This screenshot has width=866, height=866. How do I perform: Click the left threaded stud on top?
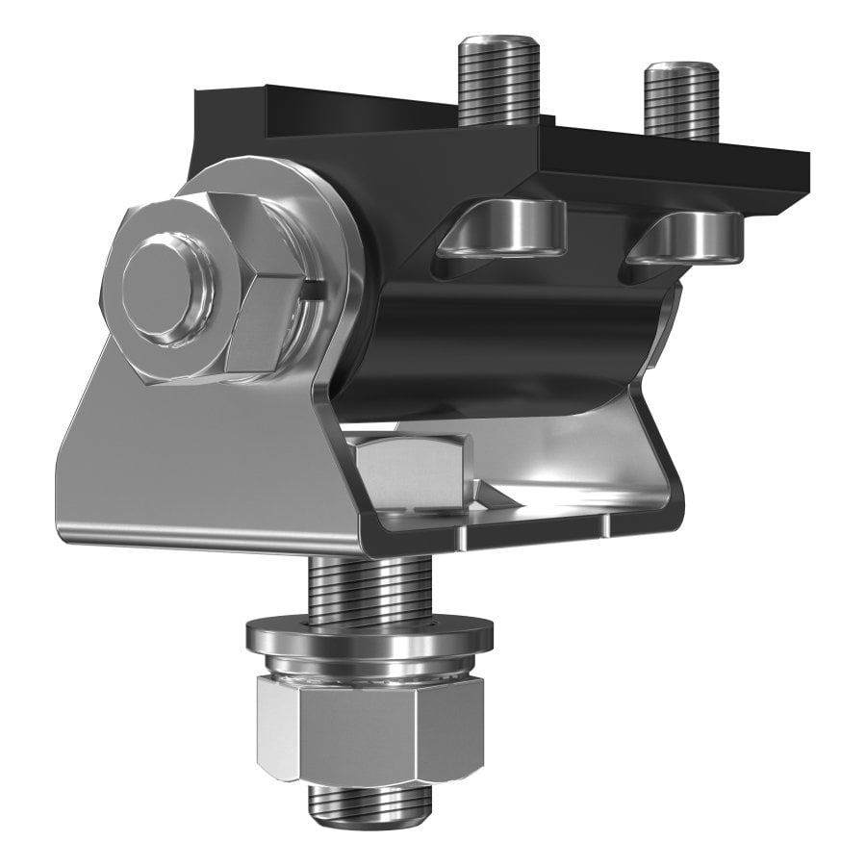tap(497, 87)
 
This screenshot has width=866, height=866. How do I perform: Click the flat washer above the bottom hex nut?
tap(369, 636)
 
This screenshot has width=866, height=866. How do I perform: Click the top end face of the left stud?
tap(497, 43)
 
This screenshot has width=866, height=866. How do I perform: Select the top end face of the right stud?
tap(681, 70)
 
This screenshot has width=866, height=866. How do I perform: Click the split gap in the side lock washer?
tap(310, 288)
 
